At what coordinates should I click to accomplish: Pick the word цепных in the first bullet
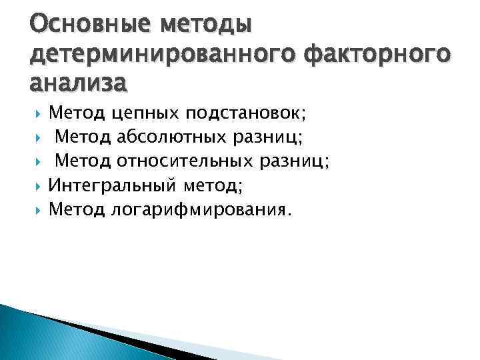(x=145, y=113)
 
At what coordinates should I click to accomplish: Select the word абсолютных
(x=173, y=137)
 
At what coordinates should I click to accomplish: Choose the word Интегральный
(x=107, y=185)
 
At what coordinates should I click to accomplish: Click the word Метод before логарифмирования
(x=77, y=210)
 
